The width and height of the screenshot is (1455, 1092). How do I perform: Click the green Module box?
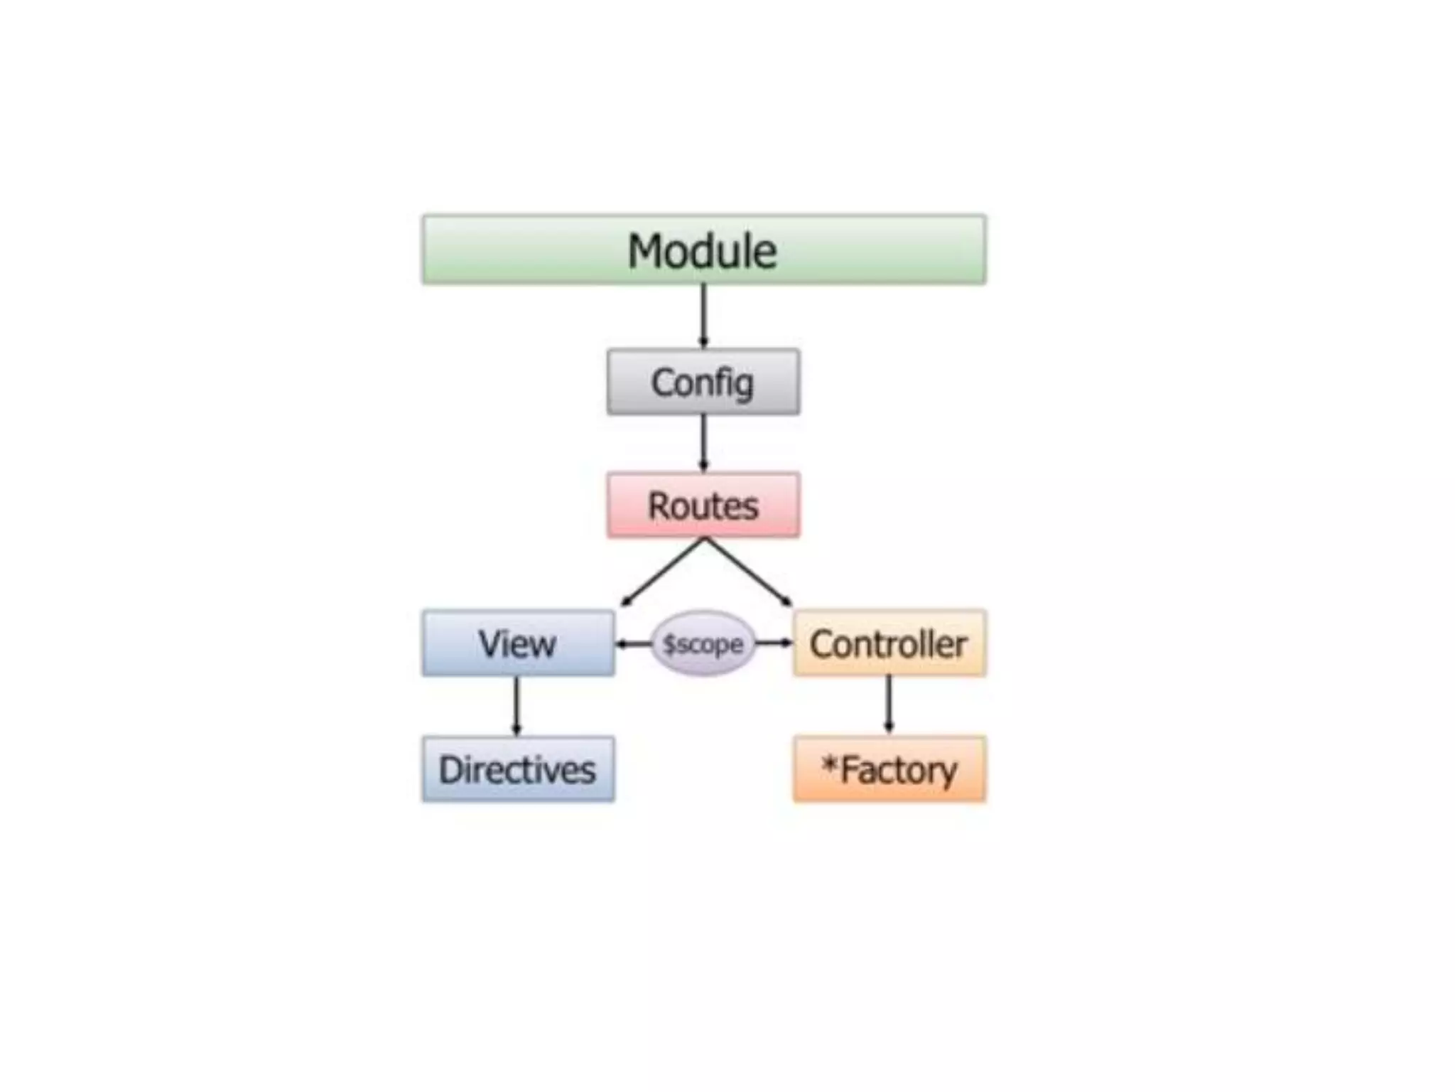tap(703, 250)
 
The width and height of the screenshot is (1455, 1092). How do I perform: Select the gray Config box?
tap(703, 382)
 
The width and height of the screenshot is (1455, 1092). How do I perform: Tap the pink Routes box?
tap(703, 505)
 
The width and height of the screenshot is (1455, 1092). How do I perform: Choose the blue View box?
tap(518, 643)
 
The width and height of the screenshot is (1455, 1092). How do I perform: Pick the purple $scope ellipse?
tap(703, 643)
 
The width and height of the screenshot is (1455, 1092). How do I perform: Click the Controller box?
tap(889, 643)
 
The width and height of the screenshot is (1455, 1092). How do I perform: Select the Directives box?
tap(518, 769)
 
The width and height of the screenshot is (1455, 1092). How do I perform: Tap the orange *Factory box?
tap(889, 769)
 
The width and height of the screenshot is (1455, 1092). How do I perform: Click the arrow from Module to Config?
tap(703, 316)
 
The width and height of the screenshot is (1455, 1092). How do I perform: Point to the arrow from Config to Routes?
tap(703, 443)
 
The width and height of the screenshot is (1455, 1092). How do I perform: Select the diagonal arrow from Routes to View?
tap(662, 572)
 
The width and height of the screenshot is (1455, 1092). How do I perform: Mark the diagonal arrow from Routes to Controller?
tap(748, 572)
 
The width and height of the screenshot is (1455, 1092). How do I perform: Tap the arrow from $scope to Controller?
tap(774, 643)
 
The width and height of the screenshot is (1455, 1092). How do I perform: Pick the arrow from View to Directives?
tap(516, 705)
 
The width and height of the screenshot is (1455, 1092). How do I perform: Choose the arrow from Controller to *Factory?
tap(889, 705)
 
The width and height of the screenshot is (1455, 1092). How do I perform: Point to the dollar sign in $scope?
tap(669, 644)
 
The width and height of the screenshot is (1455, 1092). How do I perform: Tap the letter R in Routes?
tap(659, 505)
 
